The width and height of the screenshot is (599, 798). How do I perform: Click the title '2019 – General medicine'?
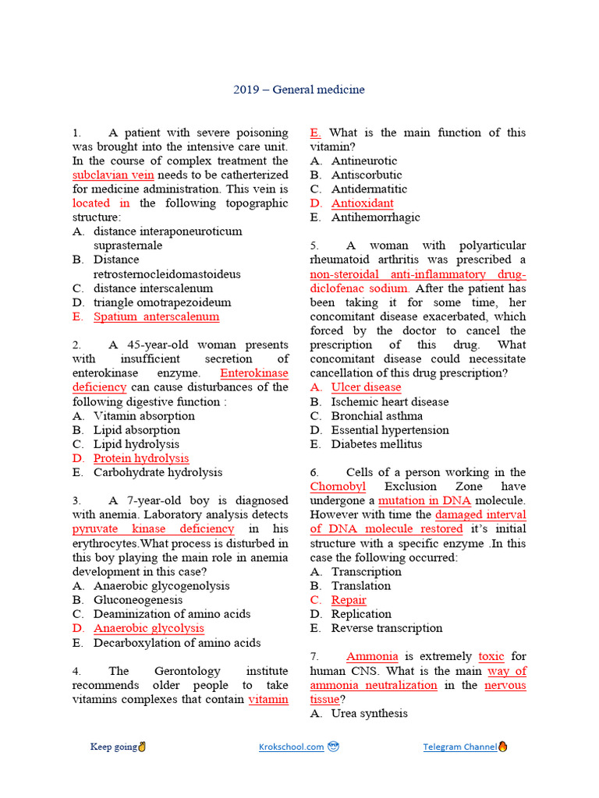299,90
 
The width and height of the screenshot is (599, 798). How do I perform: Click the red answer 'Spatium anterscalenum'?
156,316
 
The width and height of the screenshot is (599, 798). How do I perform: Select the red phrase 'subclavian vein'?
113,175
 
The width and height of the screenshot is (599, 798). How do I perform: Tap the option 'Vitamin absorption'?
144,415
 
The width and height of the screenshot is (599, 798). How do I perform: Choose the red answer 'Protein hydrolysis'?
141,458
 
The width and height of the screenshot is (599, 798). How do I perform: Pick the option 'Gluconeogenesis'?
138,600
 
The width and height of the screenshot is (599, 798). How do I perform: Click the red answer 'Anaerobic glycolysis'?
149,628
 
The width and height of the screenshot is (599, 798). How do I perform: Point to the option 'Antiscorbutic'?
367,175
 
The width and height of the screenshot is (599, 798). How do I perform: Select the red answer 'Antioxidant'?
362,203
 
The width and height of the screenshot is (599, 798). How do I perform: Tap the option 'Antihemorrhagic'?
375,217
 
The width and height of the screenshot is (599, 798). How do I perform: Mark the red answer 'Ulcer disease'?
366,387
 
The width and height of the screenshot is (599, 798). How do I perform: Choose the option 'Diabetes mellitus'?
376,444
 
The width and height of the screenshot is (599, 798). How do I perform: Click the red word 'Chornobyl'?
338,486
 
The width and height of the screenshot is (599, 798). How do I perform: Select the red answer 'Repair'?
348,600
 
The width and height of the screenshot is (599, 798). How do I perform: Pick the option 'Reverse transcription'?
386,628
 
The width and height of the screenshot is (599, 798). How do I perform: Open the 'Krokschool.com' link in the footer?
291,747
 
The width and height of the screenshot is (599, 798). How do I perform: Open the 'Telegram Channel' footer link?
460,747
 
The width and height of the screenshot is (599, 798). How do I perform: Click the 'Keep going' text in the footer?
113,747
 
